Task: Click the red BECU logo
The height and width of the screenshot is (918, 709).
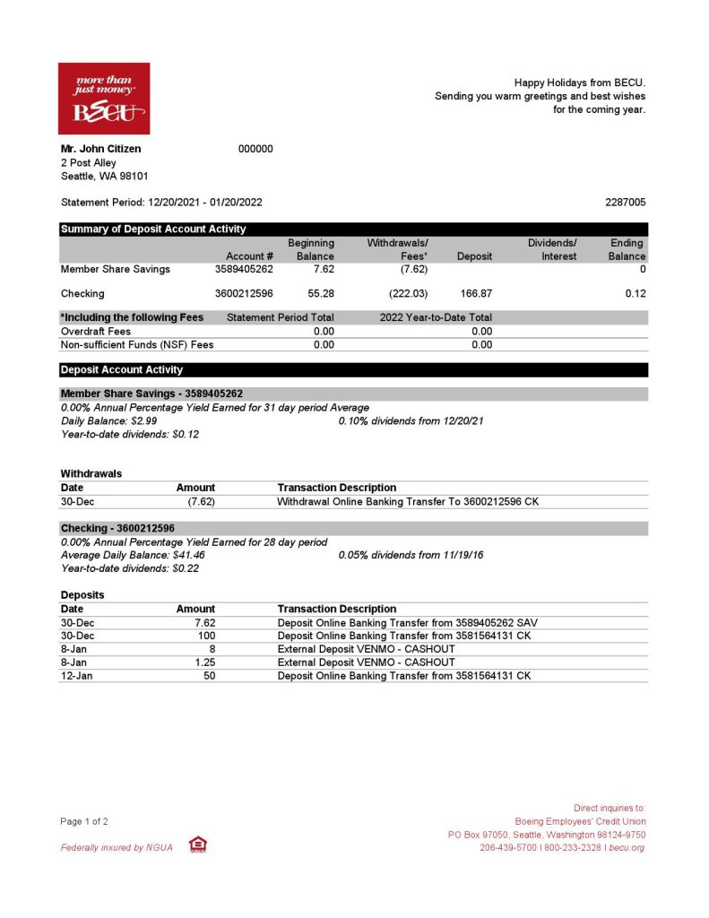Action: point(104,98)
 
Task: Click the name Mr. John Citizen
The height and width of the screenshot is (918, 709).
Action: point(100,149)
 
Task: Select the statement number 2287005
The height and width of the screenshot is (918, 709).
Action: point(625,203)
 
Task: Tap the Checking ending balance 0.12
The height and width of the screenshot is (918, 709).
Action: point(636,293)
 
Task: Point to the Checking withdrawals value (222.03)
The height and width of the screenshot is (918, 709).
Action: point(408,293)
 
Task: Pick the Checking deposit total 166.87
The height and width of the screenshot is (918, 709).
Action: point(474,293)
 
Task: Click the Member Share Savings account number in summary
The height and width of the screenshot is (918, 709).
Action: point(244,269)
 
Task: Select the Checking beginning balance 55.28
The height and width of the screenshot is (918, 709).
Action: point(319,293)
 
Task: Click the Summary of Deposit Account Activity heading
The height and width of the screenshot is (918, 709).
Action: point(152,229)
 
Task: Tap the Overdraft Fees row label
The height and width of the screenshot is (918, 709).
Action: point(95,331)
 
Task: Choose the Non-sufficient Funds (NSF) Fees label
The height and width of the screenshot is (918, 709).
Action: point(136,344)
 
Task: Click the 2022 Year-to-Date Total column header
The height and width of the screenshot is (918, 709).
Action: point(436,317)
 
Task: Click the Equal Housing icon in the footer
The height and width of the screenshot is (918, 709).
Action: point(197,844)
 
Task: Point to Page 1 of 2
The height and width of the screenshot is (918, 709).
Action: point(84,821)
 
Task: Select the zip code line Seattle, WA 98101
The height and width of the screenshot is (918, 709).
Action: point(104,176)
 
